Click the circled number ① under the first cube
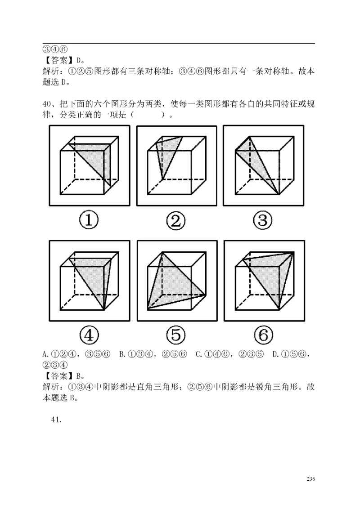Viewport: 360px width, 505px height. click(x=89, y=221)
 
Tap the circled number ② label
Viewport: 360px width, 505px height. click(x=175, y=221)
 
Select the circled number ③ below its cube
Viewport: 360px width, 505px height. click(x=264, y=221)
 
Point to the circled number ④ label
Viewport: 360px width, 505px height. click(x=89, y=335)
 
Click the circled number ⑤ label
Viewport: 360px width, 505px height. click(x=175, y=335)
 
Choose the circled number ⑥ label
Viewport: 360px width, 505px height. click(x=264, y=335)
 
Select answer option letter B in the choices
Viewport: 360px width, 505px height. click(x=122, y=354)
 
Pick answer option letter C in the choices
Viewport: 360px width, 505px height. click(x=198, y=354)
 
